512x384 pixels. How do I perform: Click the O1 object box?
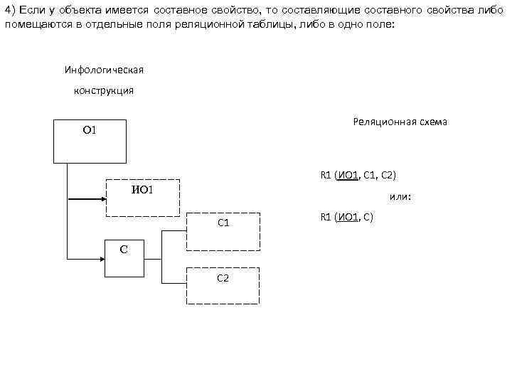pos(90,141)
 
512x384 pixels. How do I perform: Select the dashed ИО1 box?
pos(143,198)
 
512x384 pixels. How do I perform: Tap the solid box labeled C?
pos(124,257)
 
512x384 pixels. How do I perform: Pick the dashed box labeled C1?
pos(223,230)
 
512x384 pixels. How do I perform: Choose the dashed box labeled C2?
pos(223,285)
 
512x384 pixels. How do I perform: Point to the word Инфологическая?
pos(104,70)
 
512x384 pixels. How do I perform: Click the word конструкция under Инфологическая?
pos(105,91)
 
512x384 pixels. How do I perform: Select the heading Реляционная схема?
pos(400,122)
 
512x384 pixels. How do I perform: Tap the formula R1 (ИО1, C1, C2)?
pos(363,175)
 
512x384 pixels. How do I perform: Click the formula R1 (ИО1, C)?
pos(347,217)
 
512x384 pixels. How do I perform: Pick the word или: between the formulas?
pos(400,197)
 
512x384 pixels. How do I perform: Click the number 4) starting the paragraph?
pos(11,9)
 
